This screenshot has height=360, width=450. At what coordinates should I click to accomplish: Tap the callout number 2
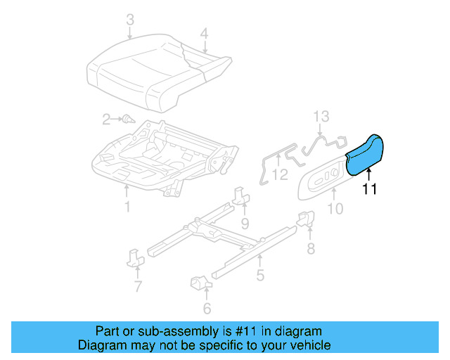[106, 120]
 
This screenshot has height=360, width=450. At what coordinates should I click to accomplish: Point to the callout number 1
[127, 207]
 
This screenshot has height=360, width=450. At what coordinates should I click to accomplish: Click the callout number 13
[321, 116]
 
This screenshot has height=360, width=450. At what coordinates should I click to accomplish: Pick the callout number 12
[280, 174]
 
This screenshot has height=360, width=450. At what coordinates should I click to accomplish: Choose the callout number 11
[370, 189]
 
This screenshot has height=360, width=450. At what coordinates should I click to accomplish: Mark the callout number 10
[335, 208]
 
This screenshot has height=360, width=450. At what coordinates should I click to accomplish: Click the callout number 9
[244, 224]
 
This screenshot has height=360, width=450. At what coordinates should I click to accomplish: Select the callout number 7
[138, 286]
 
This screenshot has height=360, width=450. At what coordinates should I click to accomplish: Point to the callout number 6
[206, 308]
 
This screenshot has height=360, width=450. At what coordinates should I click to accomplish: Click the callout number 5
[260, 276]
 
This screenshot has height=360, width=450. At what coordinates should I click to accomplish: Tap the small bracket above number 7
[136, 257]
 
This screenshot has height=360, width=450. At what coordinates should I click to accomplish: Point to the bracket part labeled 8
[307, 219]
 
